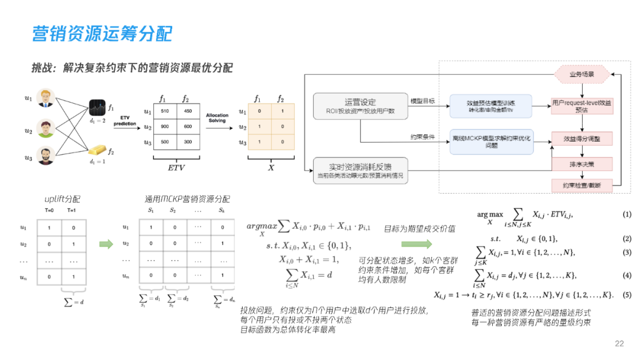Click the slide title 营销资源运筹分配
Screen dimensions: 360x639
102,33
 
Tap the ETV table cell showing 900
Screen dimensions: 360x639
165,127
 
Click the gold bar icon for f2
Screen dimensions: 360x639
97,150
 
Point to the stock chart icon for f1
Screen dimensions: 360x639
97,108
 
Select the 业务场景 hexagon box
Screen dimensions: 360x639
582,75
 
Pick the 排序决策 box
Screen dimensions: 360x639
582,164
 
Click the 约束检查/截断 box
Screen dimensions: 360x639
582,185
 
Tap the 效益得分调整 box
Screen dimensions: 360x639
582,139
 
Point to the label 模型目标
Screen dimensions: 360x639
422,101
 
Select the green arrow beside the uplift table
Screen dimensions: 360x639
106,243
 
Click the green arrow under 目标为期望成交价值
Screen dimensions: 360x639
417,243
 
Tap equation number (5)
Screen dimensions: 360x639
627,295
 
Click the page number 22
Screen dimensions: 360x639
619,343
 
